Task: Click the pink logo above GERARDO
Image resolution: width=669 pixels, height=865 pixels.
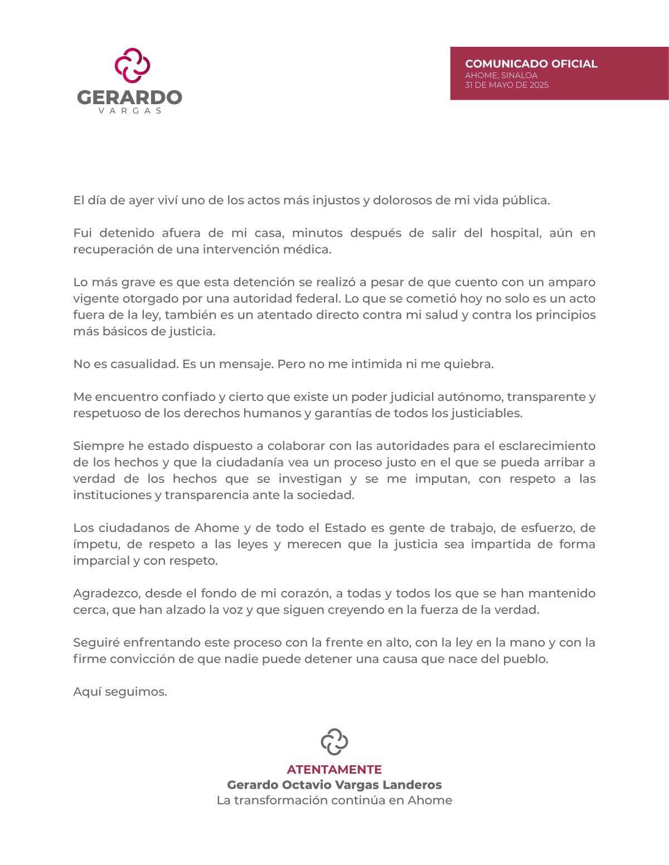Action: pyautogui.click(x=133, y=65)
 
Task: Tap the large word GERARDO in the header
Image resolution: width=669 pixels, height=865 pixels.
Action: pyautogui.click(x=129, y=97)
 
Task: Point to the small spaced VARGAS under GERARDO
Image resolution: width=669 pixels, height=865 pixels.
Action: pyautogui.click(x=130, y=111)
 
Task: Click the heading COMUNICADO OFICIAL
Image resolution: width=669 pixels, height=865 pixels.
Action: pyautogui.click(x=531, y=63)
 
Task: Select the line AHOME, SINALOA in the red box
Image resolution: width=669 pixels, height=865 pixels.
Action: pyautogui.click(x=501, y=75)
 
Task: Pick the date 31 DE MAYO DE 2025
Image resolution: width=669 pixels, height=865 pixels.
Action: pyautogui.click(x=506, y=85)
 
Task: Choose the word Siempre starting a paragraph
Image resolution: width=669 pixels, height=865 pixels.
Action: pyautogui.click(x=96, y=446)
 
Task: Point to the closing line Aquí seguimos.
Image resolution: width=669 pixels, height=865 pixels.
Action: pyautogui.click(x=120, y=692)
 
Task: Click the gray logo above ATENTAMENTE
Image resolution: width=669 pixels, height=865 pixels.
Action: pyautogui.click(x=334, y=741)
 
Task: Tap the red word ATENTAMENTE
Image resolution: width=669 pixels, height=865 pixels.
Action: pyautogui.click(x=334, y=769)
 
